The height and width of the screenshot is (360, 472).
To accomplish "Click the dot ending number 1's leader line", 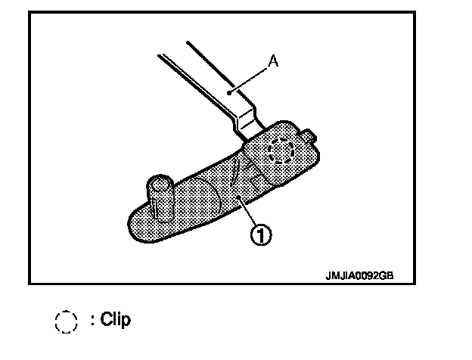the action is point(240,198).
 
